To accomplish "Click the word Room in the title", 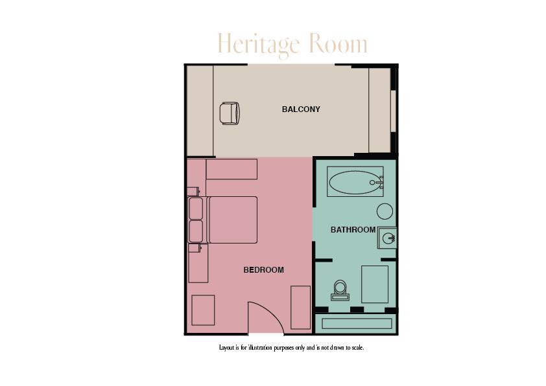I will tap(338, 45).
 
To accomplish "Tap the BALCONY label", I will tap(301, 109).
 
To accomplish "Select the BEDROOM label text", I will tap(263, 270).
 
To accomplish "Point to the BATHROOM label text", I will tap(353, 230).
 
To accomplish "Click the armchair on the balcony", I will tap(230, 113).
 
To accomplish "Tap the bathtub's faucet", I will tap(375, 183).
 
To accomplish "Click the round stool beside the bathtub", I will tap(385, 211).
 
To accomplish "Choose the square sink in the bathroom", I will tap(388, 238).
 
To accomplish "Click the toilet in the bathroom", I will tap(340, 289).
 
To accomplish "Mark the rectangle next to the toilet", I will tap(375, 284).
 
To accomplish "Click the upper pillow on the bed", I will tap(196, 209).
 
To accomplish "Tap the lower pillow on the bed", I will tap(196, 231).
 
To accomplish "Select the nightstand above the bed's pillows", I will tap(193, 191).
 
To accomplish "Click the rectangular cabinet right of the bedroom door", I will tap(300, 307).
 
